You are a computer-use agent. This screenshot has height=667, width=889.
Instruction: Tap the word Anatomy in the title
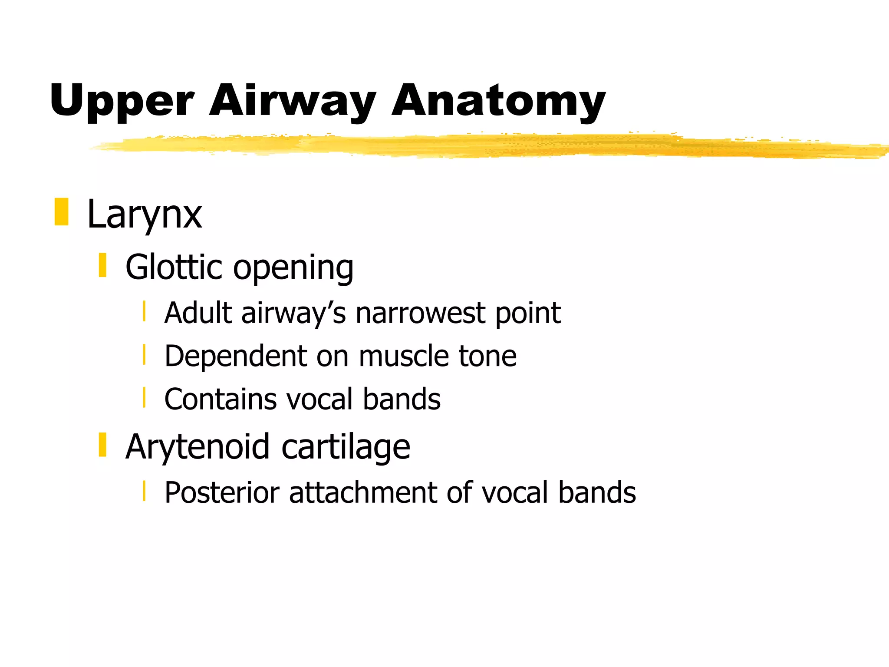[x=498, y=101]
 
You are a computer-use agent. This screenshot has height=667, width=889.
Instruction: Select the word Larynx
[x=144, y=215]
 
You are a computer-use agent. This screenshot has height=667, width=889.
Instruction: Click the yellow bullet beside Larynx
[x=61, y=212]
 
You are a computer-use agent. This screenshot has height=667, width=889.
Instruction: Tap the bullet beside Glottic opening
[x=102, y=265]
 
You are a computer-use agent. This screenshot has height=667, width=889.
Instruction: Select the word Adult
[x=199, y=313]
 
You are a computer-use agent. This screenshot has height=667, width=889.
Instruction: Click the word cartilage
[x=346, y=447]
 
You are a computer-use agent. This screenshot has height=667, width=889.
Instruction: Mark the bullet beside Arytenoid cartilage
[x=102, y=445]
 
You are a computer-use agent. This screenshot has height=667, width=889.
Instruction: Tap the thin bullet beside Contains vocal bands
[x=144, y=398]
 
